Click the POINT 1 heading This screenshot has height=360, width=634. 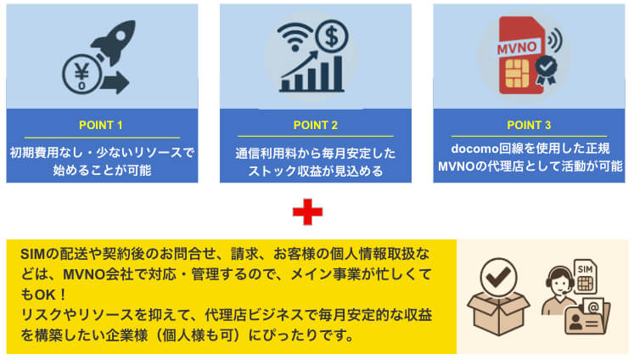pyautogui.click(x=101, y=125)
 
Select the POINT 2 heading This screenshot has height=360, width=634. pyautogui.click(x=315, y=125)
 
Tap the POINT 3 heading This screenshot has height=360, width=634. pyautogui.click(x=529, y=125)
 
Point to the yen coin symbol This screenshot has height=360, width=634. pyautogui.click(x=81, y=74)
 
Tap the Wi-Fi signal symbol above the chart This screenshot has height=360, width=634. pyautogui.click(x=297, y=38)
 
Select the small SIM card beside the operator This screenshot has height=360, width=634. pyautogui.click(x=586, y=273)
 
